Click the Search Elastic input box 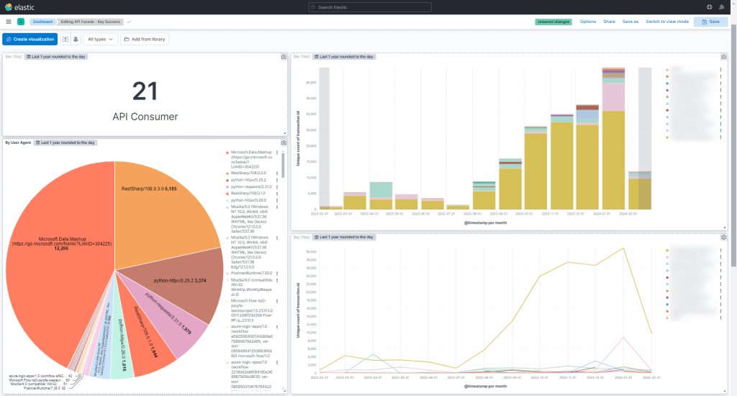370,7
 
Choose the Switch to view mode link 667,22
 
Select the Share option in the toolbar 609,22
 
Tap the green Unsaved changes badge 553,22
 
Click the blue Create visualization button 30,39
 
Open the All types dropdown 101,39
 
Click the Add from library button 145,39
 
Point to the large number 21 145,91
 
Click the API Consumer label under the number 145,116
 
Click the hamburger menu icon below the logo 8,22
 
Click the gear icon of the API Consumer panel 284,56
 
